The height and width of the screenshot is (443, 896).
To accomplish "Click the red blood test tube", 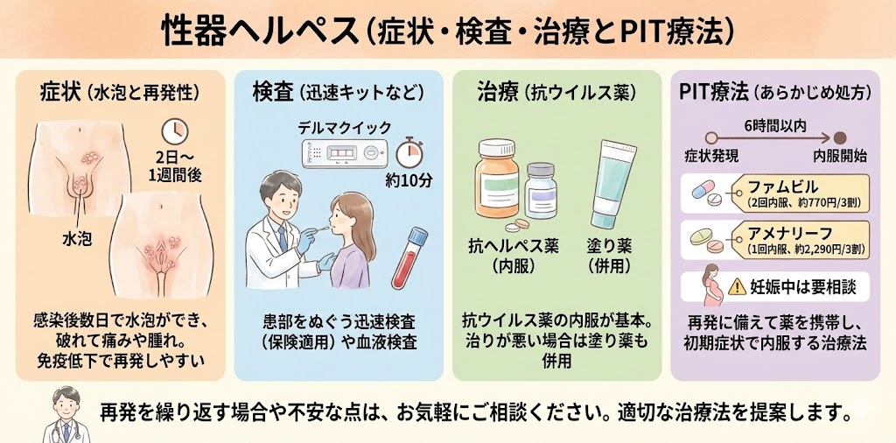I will (408, 259).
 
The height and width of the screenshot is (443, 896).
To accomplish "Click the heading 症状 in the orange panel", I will (61, 90).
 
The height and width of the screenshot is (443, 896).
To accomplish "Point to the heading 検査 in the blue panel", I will (273, 90).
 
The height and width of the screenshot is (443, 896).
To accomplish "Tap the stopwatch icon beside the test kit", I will (409, 151).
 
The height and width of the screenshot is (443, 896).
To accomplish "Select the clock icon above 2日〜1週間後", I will (176, 131).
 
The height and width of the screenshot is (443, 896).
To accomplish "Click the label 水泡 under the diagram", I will (77, 238).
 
